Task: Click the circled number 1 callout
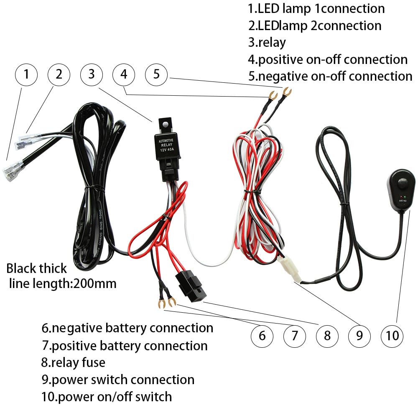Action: click(x=26, y=75)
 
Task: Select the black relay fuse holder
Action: click(x=191, y=286)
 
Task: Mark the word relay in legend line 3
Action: click(x=272, y=42)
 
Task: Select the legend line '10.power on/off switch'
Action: click(x=107, y=396)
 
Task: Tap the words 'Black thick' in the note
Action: click(x=36, y=268)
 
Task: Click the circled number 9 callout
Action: click(x=359, y=335)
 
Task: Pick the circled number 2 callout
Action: click(x=59, y=75)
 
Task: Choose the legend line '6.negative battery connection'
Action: click(x=127, y=328)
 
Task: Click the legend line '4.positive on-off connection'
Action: click(x=328, y=59)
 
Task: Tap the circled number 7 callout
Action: click(x=294, y=335)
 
